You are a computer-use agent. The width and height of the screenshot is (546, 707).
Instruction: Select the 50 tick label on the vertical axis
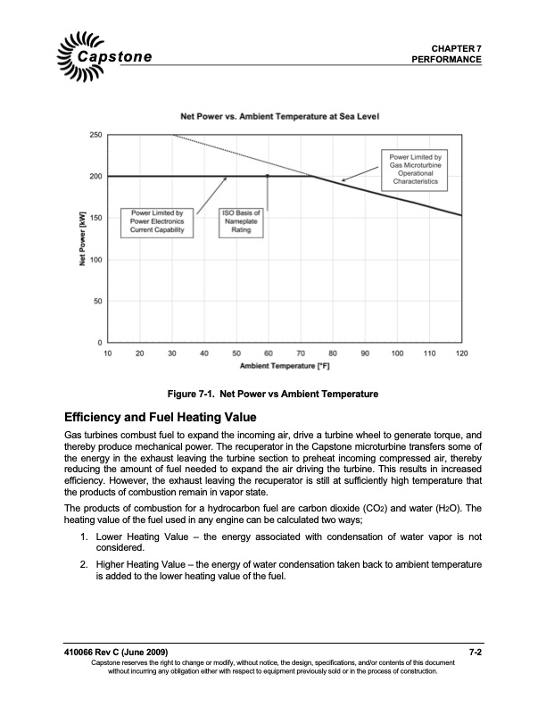(95, 302)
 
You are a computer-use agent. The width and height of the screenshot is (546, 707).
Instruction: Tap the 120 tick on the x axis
(461, 354)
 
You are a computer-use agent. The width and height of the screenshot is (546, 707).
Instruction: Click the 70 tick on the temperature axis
(300, 354)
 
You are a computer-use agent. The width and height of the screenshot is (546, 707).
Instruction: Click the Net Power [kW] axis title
(81, 239)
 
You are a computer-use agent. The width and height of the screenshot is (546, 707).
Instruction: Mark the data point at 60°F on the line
(268, 177)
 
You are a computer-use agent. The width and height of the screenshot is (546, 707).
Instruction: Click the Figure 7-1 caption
(273, 395)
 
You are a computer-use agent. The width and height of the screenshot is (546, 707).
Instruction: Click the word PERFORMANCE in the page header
(447, 59)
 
